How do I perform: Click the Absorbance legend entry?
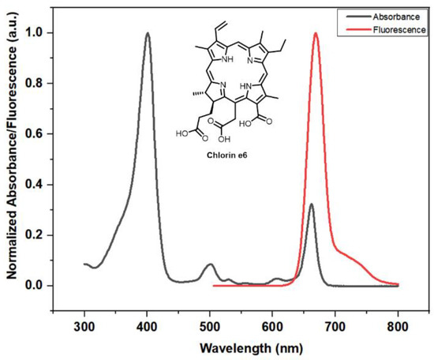398,15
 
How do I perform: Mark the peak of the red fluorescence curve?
316,34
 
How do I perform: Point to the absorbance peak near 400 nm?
148,34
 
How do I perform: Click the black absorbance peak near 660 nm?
311,204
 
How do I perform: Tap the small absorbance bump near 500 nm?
210,264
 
